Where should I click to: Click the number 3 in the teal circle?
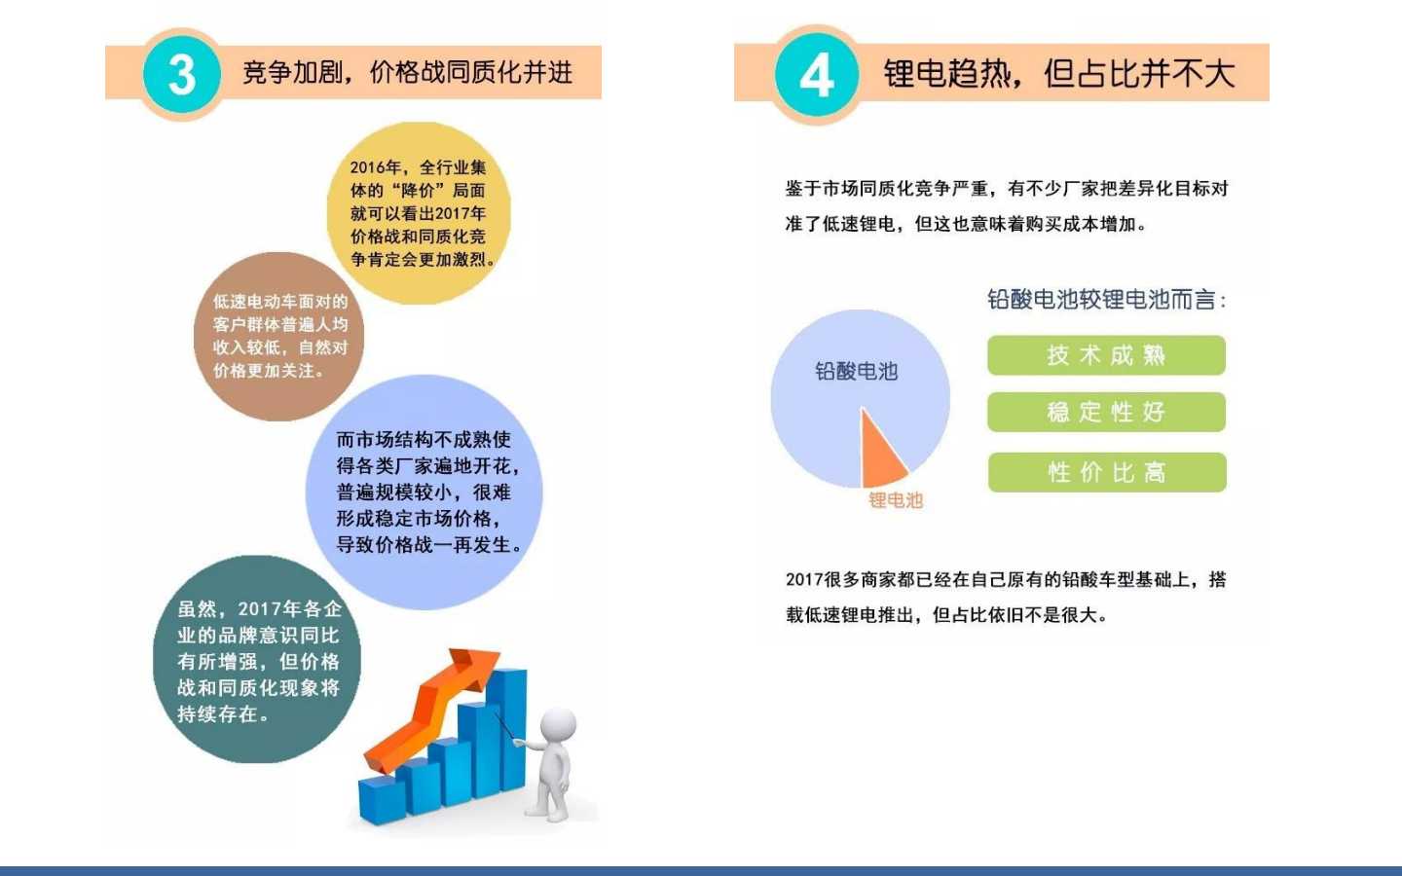tap(182, 74)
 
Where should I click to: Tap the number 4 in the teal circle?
tap(817, 75)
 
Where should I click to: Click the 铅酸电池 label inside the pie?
tap(856, 371)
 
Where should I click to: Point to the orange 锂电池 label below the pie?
tap(896, 500)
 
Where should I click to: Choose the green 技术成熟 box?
tap(1107, 355)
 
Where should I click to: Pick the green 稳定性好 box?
tap(1107, 412)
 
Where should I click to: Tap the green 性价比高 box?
tap(1107, 472)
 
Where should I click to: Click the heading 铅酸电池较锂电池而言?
tap(1107, 299)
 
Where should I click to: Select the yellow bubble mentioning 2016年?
tap(419, 213)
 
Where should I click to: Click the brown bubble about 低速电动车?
tap(279, 337)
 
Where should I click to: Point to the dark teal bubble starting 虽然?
tap(257, 660)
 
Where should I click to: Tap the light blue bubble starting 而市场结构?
tap(424, 493)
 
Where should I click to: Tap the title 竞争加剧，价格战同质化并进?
tap(407, 73)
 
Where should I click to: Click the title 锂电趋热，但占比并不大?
tap(1059, 73)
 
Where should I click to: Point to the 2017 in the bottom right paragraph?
tap(804, 579)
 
